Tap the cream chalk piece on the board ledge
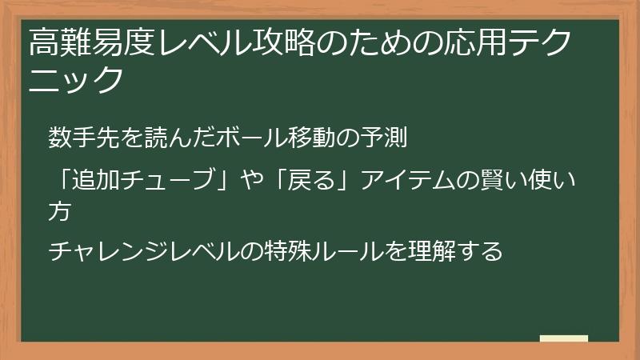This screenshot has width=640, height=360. coord(564,338)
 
